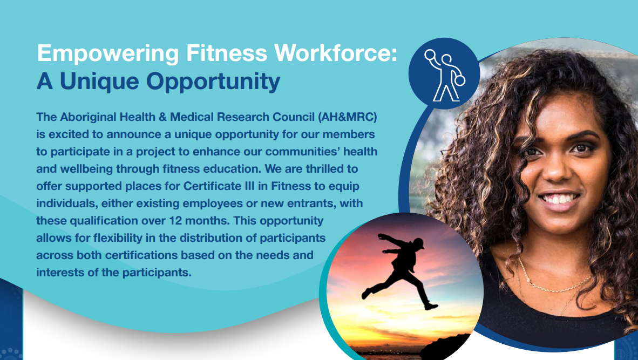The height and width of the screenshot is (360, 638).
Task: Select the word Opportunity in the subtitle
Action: click(213, 82)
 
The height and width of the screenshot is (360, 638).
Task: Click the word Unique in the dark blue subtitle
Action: click(100, 82)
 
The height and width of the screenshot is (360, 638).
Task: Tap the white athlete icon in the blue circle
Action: click(445, 75)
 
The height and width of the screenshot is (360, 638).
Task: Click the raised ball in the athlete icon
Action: click(430, 55)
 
